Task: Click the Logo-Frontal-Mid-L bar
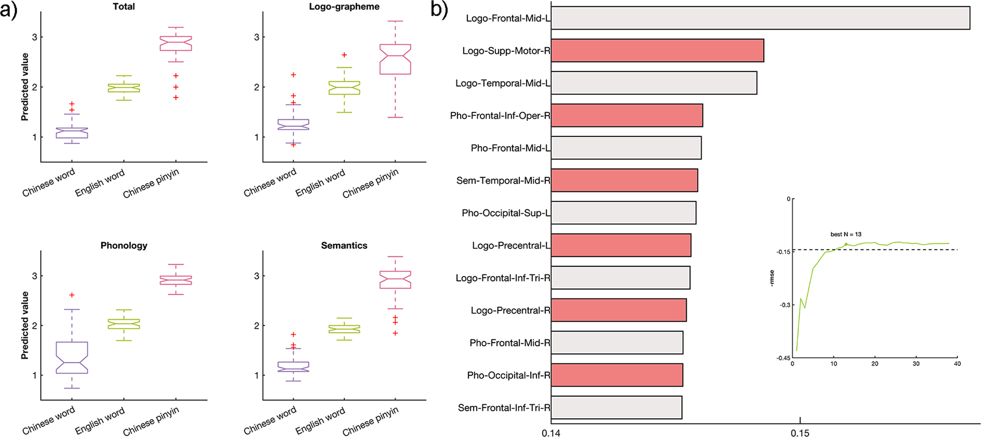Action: pyautogui.click(x=760, y=18)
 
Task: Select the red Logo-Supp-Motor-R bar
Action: pyautogui.click(x=657, y=51)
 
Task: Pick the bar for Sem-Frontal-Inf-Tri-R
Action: pyautogui.click(x=616, y=408)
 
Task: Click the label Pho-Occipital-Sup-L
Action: pyautogui.click(x=506, y=213)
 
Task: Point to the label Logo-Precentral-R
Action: pyautogui.click(x=510, y=310)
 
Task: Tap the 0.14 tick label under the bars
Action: pyautogui.click(x=551, y=433)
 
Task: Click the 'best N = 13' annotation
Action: pyautogui.click(x=846, y=234)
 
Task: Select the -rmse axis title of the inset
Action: pyautogui.click(x=771, y=278)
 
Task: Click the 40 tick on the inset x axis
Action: pyautogui.click(x=957, y=364)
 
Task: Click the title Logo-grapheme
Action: pyautogui.click(x=344, y=7)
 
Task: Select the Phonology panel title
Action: pyautogui.click(x=124, y=245)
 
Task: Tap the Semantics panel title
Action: pyautogui.click(x=344, y=245)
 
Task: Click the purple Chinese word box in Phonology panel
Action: pyautogui.click(x=72, y=357)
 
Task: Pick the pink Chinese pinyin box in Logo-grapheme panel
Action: pyautogui.click(x=395, y=59)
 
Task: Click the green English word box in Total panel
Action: pyautogui.click(x=124, y=88)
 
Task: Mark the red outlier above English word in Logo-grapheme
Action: pyautogui.click(x=344, y=55)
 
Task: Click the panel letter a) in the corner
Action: pyautogui.click(x=9, y=10)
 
